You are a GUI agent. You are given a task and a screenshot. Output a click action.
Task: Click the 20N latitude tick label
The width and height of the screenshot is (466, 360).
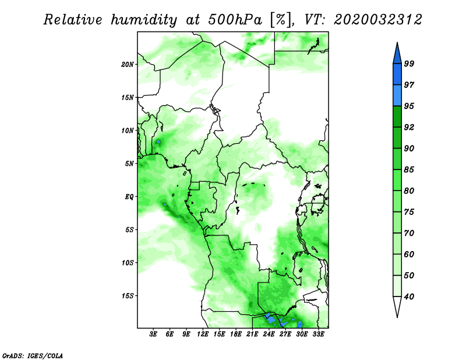click(128, 65)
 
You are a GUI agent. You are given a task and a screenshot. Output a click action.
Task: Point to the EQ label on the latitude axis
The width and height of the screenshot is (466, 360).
click(129, 197)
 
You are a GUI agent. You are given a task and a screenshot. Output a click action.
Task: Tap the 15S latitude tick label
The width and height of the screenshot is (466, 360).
click(128, 296)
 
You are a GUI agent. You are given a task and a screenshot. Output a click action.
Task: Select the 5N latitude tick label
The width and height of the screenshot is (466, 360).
click(129, 164)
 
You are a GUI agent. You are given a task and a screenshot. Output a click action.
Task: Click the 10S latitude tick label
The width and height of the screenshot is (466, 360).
click(128, 263)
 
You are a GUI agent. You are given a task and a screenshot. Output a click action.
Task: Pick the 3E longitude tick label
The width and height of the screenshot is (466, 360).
click(153, 334)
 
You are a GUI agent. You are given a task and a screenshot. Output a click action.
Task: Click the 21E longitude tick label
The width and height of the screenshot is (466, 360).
click(252, 334)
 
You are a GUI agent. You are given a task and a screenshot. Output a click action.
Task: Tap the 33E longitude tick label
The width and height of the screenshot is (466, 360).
click(318, 334)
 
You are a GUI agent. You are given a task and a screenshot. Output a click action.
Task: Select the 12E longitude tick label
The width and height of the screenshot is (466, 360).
click(203, 334)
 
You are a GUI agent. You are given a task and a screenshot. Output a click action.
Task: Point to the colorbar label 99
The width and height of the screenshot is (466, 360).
click(409, 63)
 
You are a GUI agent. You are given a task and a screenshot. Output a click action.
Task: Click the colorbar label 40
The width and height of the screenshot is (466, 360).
click(409, 297)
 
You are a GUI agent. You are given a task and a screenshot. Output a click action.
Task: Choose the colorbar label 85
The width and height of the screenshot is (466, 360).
click(409, 170)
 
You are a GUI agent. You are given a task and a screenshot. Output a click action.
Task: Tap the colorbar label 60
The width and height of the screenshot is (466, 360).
click(409, 254)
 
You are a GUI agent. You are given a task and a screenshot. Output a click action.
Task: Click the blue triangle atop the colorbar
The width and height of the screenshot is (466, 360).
click(397, 55)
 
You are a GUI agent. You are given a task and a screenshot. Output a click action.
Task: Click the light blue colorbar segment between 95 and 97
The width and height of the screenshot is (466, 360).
click(397, 96)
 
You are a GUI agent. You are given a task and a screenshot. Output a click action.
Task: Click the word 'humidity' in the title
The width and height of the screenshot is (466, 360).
click(144, 20)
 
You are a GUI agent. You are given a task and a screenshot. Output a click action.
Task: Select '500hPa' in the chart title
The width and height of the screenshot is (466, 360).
click(235, 20)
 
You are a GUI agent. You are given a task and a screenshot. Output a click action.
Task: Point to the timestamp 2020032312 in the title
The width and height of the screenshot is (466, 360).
click(377, 20)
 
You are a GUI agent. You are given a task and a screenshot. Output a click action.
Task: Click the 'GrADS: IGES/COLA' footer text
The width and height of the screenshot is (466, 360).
click(33, 355)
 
